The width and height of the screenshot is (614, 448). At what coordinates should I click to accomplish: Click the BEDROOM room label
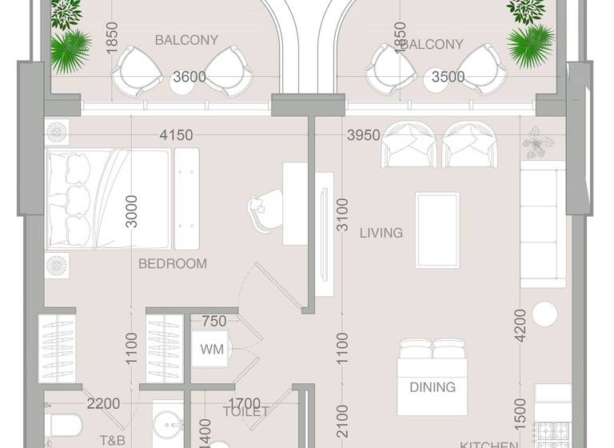pyautogui.click(x=173, y=263)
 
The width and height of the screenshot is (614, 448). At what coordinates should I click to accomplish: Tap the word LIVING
pyautogui.click(x=381, y=233)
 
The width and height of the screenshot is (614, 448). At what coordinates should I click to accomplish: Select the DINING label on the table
pyautogui.click(x=433, y=387)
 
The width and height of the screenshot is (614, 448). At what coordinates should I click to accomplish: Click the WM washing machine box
pyautogui.click(x=212, y=350)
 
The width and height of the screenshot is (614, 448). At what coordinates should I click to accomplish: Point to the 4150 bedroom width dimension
pyautogui.click(x=176, y=135)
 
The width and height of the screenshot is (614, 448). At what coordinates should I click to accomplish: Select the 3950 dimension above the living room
pyautogui.click(x=363, y=135)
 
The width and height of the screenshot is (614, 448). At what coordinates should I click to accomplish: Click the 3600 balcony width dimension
pyautogui.click(x=189, y=77)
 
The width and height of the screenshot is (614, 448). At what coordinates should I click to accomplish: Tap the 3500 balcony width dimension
pyautogui.click(x=448, y=77)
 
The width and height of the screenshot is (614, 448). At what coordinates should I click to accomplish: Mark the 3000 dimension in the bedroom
pyautogui.click(x=133, y=211)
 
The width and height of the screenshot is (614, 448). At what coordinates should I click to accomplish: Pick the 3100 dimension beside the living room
pyautogui.click(x=342, y=214)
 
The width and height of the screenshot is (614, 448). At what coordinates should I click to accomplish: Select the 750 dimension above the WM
pyautogui.click(x=213, y=322)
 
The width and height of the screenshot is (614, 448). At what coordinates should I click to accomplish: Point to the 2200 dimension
pyautogui.click(x=103, y=404)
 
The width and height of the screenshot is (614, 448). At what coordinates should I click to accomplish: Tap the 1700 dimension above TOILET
pyautogui.click(x=244, y=404)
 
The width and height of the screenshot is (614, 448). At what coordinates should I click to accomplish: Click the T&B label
pyautogui.click(x=112, y=440)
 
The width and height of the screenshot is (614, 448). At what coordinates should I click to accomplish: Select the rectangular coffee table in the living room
pyautogui.click(x=437, y=230)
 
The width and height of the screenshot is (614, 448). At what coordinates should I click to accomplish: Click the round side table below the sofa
pyautogui.click(x=546, y=314)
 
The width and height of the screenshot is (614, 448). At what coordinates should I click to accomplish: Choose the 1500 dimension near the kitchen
pyautogui.click(x=520, y=410)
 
